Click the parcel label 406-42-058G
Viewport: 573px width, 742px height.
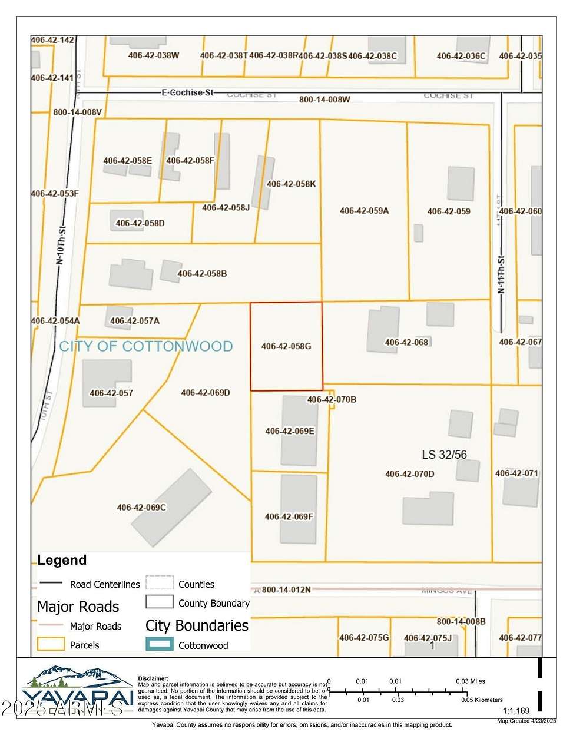pos(286,346)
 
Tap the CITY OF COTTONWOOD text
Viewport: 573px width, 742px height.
pos(146,346)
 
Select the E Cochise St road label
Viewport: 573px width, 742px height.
pos(187,92)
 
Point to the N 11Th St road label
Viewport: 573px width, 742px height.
pos(501,274)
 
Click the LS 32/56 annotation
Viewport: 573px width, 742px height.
pos(444,455)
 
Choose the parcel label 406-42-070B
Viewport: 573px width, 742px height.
pos(332,399)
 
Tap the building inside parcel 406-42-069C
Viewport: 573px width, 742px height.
pos(171,508)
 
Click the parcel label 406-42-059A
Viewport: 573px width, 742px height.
pos(364,211)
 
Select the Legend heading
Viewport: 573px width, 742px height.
pos(62,560)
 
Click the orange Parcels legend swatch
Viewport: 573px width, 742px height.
pos(50,644)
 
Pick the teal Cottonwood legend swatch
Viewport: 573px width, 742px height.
pos(159,644)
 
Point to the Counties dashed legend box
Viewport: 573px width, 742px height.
pos(159,583)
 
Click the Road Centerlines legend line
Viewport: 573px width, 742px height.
pos(51,584)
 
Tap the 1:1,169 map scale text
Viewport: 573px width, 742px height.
pos(516,711)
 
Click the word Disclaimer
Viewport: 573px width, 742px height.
pos(153,678)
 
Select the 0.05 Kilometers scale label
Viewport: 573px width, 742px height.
pos(482,700)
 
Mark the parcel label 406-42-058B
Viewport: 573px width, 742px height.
pos(202,274)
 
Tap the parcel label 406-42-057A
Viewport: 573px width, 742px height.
pos(134,321)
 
